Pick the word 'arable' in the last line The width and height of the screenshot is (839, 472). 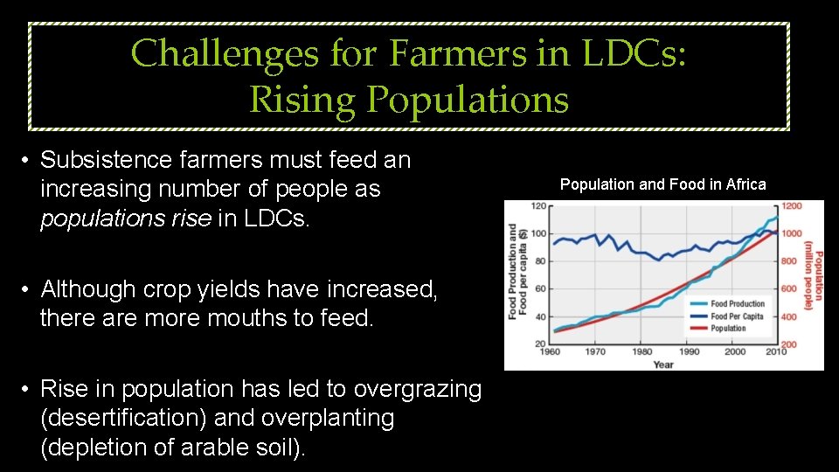tap(206, 448)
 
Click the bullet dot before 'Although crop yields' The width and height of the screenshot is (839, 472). tap(28, 289)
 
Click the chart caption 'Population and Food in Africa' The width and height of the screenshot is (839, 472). tap(662, 184)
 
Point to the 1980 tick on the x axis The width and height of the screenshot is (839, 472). tap(641, 352)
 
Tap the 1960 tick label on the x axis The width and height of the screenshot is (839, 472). tap(549, 352)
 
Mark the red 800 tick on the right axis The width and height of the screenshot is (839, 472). tap(789, 261)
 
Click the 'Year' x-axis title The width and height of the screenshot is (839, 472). tap(663, 364)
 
